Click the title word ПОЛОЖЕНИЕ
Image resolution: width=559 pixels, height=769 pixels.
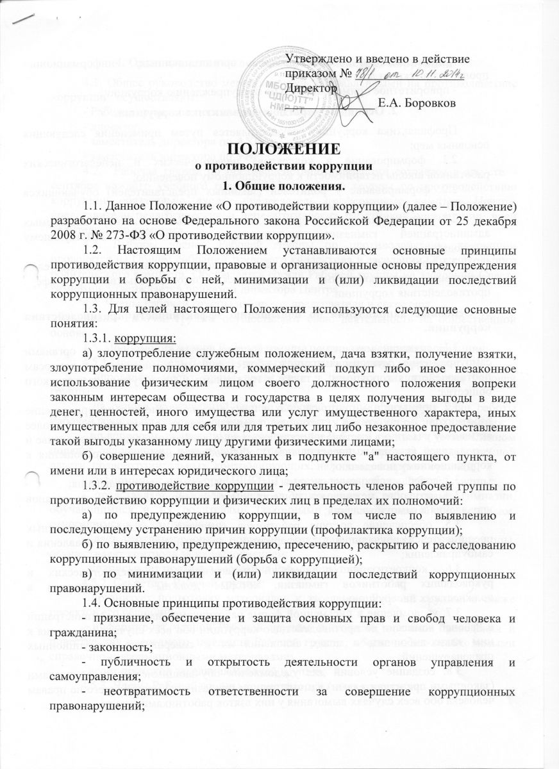tap(280, 152)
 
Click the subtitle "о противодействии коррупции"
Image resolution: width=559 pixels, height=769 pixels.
tap(280, 170)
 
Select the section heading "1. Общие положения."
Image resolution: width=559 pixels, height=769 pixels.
tap(280, 186)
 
